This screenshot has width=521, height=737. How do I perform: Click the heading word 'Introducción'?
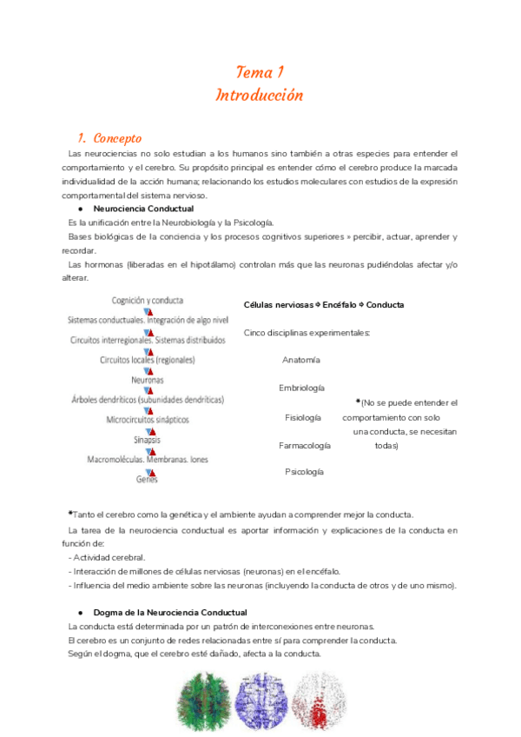point(260,95)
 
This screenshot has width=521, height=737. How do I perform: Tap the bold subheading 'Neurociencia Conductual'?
point(143,209)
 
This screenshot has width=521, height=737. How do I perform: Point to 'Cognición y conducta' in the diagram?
point(148,301)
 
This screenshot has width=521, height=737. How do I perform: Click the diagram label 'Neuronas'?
point(148,380)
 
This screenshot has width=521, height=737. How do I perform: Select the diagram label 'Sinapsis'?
point(148,439)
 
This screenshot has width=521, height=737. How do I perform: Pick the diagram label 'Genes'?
point(147,479)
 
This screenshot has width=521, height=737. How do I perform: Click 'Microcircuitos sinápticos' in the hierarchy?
point(148,419)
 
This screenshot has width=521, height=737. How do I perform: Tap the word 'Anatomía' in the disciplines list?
point(301,360)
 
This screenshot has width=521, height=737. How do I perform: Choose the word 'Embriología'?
point(301,388)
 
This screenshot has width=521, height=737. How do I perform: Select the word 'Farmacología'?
point(304,445)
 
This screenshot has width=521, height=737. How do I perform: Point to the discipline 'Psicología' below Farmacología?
point(304,471)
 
